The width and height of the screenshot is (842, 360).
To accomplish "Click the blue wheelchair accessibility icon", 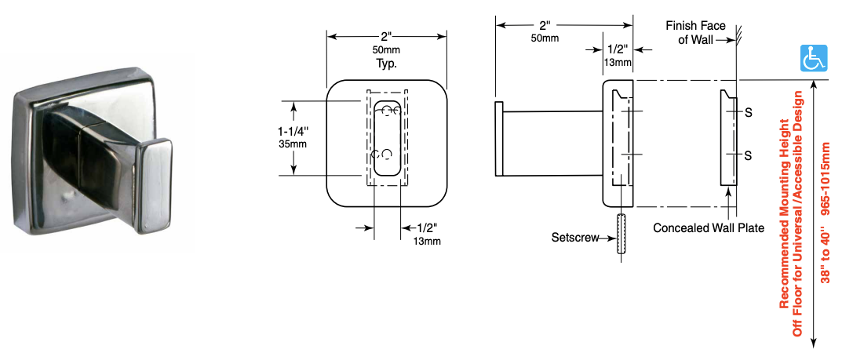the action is coord(814,59).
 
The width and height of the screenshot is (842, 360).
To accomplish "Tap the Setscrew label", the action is coord(575,237).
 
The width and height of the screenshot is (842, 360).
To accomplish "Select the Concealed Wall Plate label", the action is coord(709,228).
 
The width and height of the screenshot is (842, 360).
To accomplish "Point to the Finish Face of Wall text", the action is coord(695,33).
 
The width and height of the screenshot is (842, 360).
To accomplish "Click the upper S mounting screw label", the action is coord(748,113).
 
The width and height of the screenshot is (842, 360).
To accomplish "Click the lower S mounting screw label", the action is coord(748,155).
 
